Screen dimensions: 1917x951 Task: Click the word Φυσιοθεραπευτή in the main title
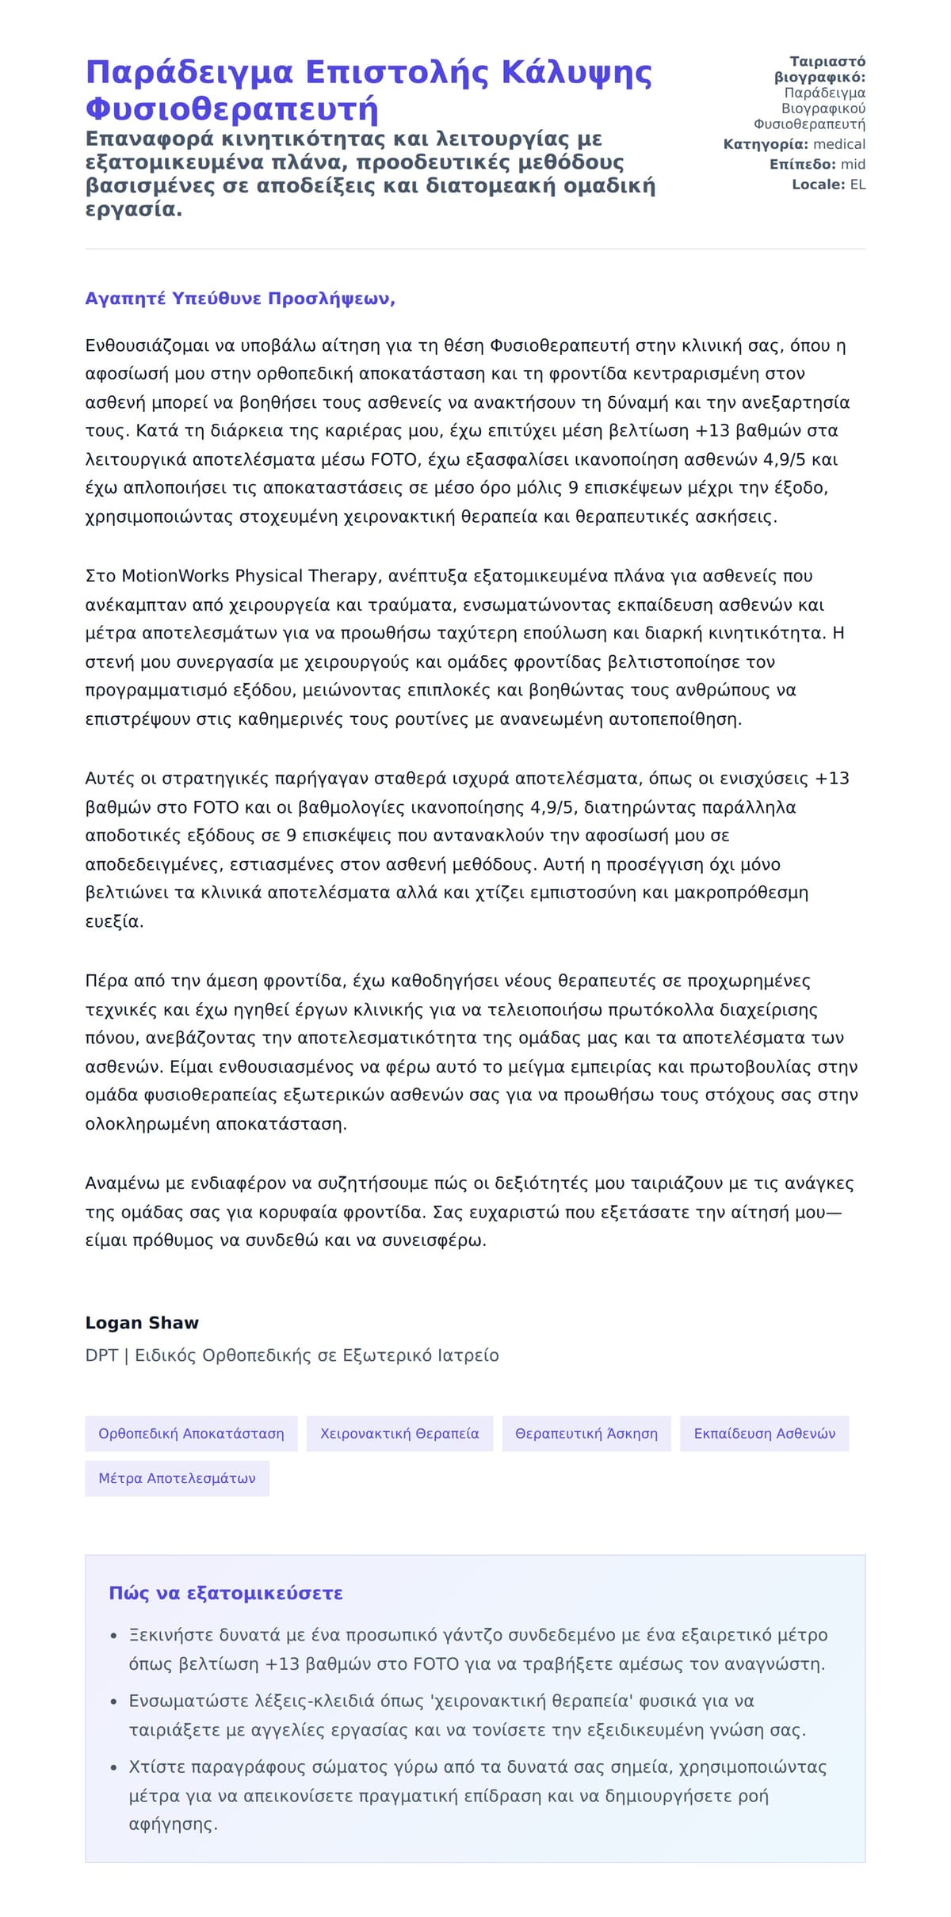[231, 109]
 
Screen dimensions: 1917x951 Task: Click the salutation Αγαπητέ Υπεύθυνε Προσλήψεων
[240, 299]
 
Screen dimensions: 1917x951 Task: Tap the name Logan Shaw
[142, 1322]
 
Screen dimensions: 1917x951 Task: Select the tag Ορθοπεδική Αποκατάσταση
[191, 1433]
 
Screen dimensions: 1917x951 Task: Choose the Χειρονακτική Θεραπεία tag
[399, 1433]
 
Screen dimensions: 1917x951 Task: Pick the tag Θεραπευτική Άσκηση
[586, 1433]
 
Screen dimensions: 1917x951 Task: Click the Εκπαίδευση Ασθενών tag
[764, 1433]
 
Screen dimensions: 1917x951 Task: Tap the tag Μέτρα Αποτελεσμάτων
[177, 1478]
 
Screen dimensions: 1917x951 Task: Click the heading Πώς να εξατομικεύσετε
[226, 1593]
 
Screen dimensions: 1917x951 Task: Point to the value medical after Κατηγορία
[839, 144]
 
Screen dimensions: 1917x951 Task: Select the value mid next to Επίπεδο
[853, 164]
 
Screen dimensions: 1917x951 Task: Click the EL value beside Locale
[857, 185]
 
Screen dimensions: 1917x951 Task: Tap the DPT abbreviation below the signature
[101, 1355]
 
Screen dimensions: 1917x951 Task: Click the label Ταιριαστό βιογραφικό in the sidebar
[821, 70]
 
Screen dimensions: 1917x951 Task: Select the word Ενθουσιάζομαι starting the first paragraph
[147, 345]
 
